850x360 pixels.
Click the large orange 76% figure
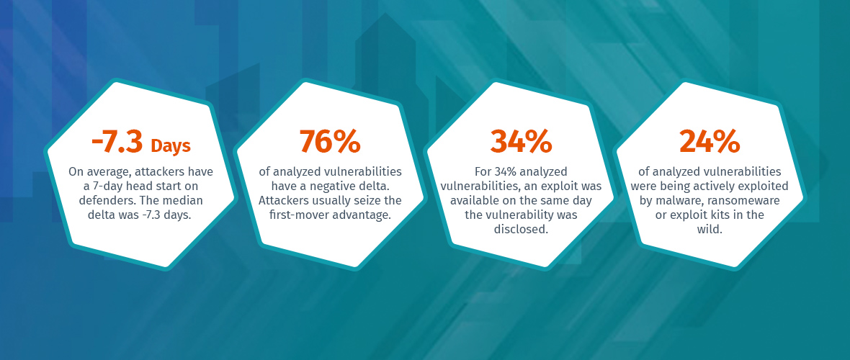tap(330, 142)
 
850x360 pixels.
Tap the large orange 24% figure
tap(710, 142)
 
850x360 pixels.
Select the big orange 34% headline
tap(521, 142)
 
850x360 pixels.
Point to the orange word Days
tap(171, 146)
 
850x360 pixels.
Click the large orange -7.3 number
tap(117, 143)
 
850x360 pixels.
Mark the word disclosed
tap(521, 229)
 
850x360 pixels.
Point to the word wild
tap(710, 229)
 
